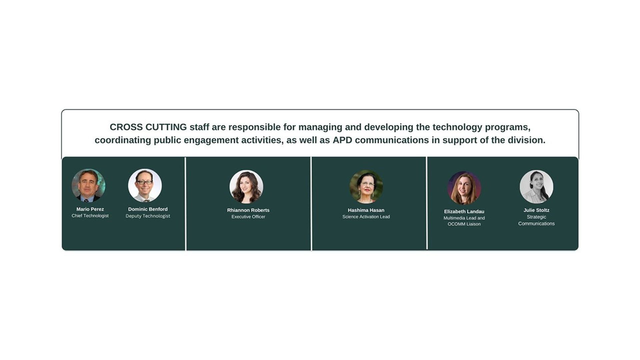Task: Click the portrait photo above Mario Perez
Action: [x=88, y=185]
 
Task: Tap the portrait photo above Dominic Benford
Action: [x=145, y=185]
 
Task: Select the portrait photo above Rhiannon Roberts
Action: [x=246, y=187]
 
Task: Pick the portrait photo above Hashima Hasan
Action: [x=366, y=187]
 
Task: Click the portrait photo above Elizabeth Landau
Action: [x=464, y=188]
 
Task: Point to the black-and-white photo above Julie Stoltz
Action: [x=536, y=187]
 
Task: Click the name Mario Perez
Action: [x=90, y=209]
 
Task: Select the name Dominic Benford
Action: [x=148, y=209]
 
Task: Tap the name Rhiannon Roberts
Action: [x=248, y=210]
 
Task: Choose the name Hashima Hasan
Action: [x=366, y=210]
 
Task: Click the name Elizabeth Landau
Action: [x=464, y=212]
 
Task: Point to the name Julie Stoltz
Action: [x=536, y=210]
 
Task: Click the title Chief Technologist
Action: [x=90, y=216]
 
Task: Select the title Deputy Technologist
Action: [x=148, y=216]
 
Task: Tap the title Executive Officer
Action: [x=248, y=217]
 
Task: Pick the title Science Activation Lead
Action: [x=366, y=217]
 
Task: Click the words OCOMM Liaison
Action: [x=464, y=224]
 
